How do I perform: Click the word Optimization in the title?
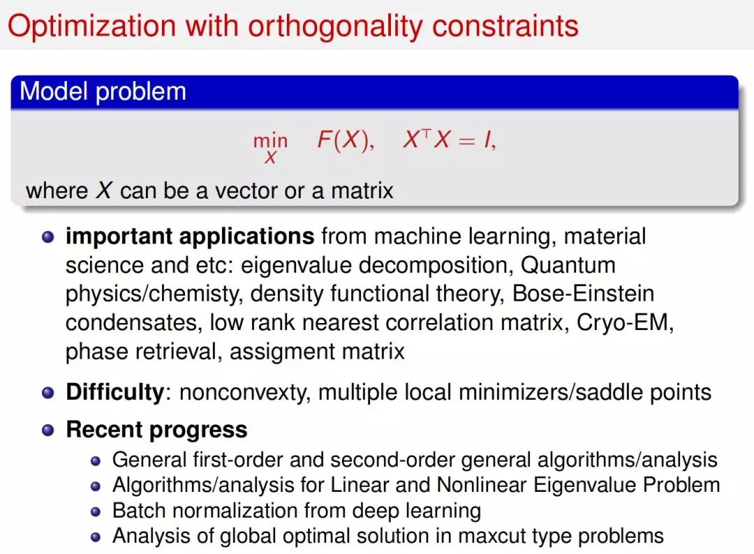coord(91,26)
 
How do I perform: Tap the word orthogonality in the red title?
coord(336,27)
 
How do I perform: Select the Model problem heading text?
coord(103,91)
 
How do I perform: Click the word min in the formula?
coord(270,141)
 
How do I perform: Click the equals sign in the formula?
coord(466,141)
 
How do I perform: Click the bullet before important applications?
coord(48,237)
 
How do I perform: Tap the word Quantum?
coord(568,265)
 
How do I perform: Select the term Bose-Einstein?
coord(583,294)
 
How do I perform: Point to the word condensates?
coord(131,323)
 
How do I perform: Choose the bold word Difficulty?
coord(115,393)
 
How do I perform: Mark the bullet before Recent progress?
coord(48,430)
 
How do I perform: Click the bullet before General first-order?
coord(96,461)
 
